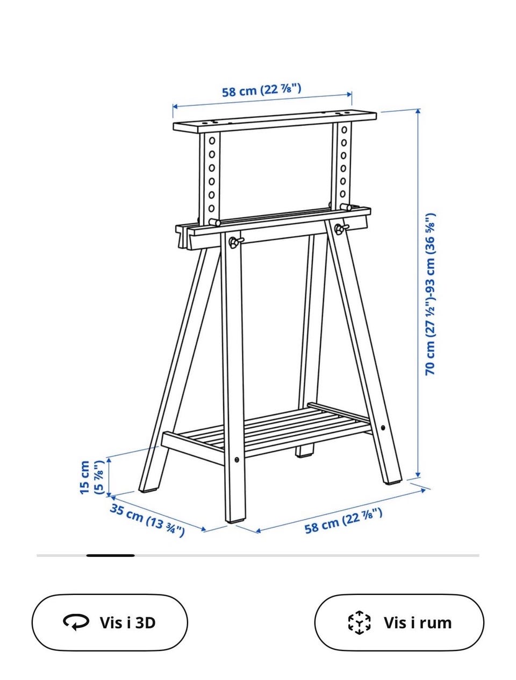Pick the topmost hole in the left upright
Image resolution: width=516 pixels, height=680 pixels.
(x=212, y=140)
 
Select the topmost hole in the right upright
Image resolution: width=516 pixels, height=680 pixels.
(x=343, y=130)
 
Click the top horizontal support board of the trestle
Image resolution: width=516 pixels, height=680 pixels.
(x=275, y=122)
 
